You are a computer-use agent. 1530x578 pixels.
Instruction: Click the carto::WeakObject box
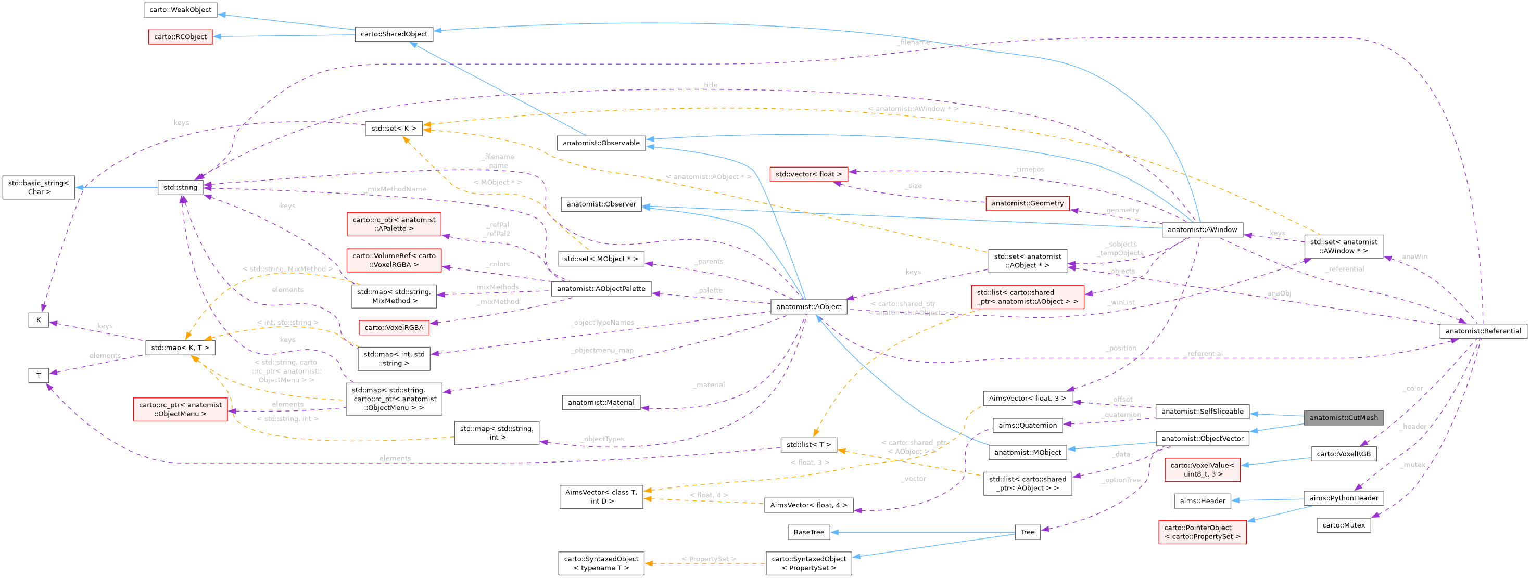tap(180, 9)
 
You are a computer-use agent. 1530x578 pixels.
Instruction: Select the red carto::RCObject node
tap(180, 37)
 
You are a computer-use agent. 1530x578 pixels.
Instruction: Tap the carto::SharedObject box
tap(394, 34)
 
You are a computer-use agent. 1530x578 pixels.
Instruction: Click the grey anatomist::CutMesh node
tap(1343, 417)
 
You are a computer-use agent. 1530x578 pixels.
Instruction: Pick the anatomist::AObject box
tap(808, 306)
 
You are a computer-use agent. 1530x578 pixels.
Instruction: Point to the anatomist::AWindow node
tap(1202, 229)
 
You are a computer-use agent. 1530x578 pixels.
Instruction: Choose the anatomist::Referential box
tap(1483, 330)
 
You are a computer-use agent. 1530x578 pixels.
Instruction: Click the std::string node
tap(180, 187)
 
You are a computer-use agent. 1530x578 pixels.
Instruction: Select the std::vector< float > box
tap(808, 174)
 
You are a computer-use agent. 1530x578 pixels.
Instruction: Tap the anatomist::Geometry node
tap(1027, 203)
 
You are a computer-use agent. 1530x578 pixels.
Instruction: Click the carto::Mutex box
tap(1343, 524)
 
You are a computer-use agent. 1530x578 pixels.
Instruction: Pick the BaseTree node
tap(808, 532)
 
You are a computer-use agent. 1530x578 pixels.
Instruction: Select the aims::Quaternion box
tap(1027, 425)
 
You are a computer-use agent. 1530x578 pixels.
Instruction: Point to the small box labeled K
tap(39, 320)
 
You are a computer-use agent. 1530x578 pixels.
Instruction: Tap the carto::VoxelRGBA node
tap(394, 327)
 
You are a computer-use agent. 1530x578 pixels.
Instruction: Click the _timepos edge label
tap(1029, 169)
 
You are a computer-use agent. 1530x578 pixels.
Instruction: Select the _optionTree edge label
tap(1121, 480)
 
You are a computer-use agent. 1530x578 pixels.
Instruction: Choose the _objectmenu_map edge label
tap(602, 350)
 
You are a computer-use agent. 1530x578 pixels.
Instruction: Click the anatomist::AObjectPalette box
tap(600, 288)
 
